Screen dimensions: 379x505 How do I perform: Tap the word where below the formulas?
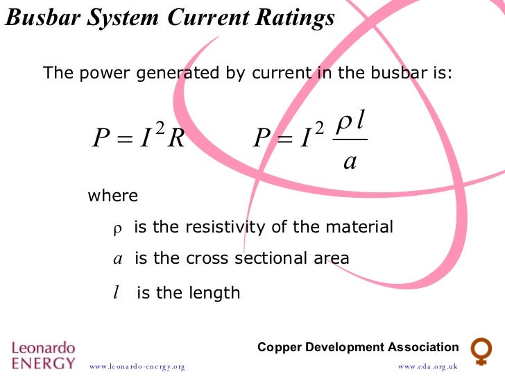[112, 196]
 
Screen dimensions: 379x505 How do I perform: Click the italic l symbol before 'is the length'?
[116, 293]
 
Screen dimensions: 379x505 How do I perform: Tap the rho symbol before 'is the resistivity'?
[117, 228]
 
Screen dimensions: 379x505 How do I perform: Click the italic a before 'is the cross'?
[117, 259]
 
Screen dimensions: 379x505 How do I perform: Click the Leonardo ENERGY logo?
[43, 354]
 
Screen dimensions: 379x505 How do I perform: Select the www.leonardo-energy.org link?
[137, 366]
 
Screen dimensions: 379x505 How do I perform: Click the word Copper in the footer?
[280, 347]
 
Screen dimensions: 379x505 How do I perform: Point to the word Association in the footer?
[424, 347]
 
